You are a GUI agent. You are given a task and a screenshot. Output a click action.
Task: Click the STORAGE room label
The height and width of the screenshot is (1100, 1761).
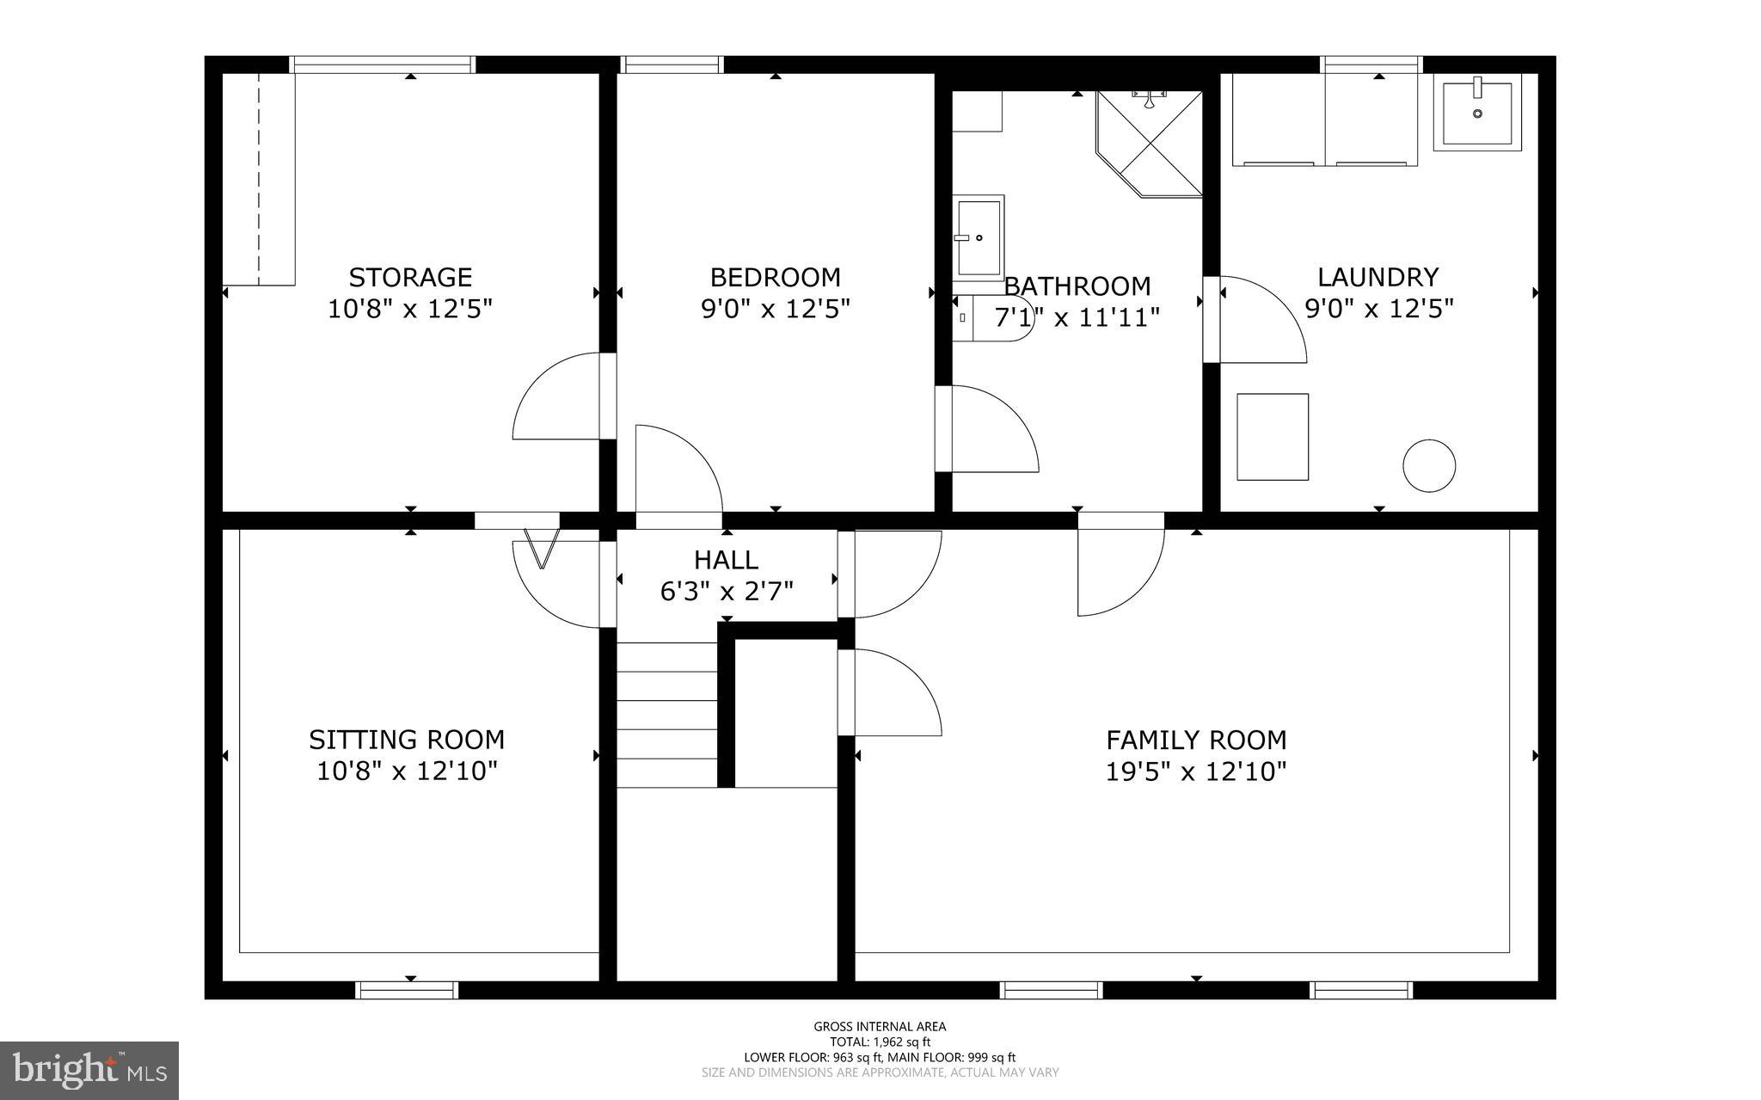tap(410, 277)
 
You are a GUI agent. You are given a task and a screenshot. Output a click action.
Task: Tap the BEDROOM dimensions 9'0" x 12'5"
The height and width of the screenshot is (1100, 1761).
tap(775, 309)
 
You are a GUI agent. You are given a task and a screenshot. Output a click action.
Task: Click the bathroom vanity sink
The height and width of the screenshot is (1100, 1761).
tap(979, 237)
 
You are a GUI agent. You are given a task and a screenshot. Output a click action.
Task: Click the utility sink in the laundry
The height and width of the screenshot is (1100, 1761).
tap(1477, 113)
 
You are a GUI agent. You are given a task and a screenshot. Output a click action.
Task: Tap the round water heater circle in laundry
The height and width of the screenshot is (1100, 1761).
tap(1429, 466)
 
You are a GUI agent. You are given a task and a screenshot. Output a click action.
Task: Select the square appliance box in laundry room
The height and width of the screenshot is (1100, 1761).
tap(1273, 437)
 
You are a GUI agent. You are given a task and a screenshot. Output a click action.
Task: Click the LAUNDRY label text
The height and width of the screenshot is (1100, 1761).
tap(1378, 277)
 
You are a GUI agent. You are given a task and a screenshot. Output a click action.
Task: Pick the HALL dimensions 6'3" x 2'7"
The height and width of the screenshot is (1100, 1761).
tap(727, 592)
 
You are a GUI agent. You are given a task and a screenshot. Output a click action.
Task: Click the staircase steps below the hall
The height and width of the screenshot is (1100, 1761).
tap(667, 714)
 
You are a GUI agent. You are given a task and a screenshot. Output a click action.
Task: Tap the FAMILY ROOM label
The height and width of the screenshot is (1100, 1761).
tap(1196, 740)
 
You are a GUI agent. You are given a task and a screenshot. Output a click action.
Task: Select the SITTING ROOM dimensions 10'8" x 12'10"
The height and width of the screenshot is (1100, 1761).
tap(407, 771)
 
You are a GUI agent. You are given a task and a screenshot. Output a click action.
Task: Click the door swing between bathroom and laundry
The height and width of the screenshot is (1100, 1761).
tap(1260, 318)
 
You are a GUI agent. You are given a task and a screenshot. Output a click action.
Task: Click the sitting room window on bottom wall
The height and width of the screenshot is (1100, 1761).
tap(407, 990)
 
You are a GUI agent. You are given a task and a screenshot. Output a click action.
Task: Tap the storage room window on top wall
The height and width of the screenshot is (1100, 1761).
tap(383, 65)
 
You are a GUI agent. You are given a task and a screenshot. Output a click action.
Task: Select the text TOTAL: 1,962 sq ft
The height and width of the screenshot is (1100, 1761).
tap(880, 1042)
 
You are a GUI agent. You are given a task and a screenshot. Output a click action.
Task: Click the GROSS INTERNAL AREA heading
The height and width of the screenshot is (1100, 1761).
tap(880, 1026)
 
